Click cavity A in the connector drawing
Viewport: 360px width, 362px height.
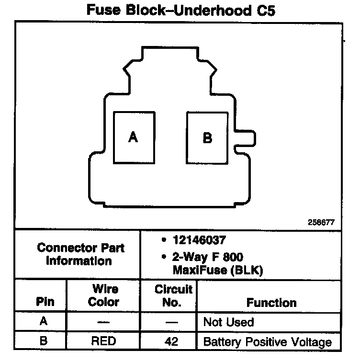point(134,137)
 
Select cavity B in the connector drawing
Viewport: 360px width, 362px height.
point(207,137)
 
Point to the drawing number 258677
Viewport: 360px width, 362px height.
point(321,222)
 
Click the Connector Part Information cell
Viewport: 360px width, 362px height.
point(80,254)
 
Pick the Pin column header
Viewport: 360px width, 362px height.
point(45,302)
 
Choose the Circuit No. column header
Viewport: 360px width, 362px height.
point(173,296)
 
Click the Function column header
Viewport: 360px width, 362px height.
point(271,303)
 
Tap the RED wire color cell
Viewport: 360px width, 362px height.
point(104,342)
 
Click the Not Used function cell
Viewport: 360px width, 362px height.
point(228,322)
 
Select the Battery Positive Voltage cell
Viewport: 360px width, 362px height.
point(267,342)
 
